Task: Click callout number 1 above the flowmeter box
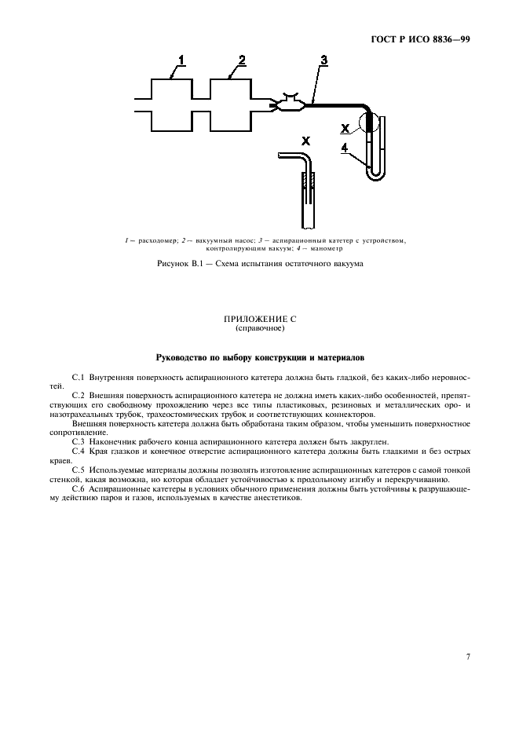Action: tap(181, 60)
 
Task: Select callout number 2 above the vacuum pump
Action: tap(242, 60)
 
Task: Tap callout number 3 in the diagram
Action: tap(323, 60)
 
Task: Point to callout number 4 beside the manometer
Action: tap(345, 147)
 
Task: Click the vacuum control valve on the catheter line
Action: tap(287, 104)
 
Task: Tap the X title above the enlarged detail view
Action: tap(305, 141)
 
